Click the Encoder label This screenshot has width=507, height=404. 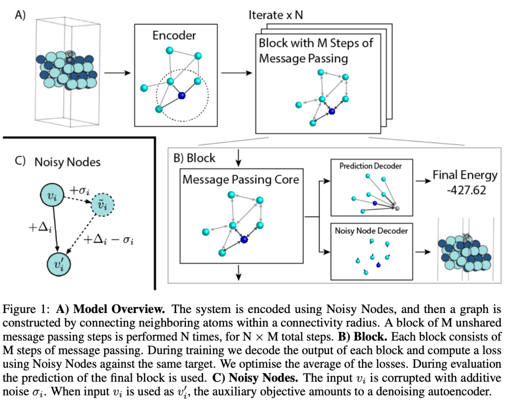[x=174, y=35]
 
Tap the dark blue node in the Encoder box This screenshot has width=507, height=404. [x=182, y=95]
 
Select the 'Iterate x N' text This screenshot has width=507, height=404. [x=276, y=15]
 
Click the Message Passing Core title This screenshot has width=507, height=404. [x=241, y=179]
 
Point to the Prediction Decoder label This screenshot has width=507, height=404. [x=370, y=166]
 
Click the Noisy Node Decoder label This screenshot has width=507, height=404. [x=371, y=230]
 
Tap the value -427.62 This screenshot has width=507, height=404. [x=466, y=190]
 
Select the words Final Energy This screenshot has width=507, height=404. [x=465, y=175]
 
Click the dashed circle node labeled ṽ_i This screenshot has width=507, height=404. [x=103, y=205]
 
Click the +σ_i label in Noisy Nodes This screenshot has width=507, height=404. [x=79, y=190]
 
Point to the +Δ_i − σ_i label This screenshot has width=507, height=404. [x=108, y=239]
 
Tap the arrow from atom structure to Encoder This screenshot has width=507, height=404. [x=117, y=73]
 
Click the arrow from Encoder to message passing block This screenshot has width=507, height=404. [x=236, y=73]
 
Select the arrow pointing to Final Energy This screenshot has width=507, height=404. [x=423, y=181]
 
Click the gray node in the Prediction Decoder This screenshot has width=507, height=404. [x=398, y=208]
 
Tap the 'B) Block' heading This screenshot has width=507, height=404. [x=194, y=158]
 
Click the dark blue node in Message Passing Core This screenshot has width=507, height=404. [x=244, y=239]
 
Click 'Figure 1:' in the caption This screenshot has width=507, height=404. [x=26, y=310]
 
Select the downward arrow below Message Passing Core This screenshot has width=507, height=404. [x=238, y=273]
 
